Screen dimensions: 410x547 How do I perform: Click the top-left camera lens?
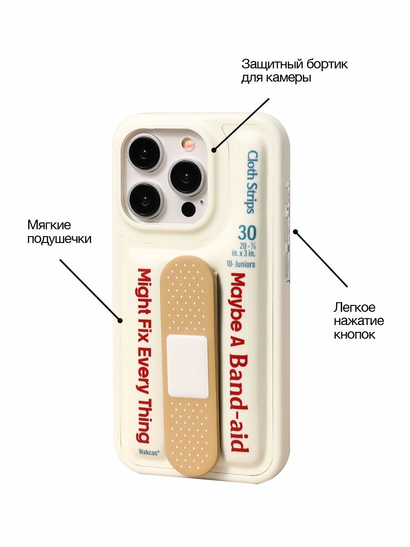coord(145,152)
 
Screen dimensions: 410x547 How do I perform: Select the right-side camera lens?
coord(187,177)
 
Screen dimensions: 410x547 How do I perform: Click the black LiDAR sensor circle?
coord(188,209)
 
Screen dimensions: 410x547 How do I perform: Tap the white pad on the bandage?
coord(187,366)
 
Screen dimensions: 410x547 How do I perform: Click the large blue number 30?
coord(247,233)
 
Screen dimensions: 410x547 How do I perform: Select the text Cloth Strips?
coord(252,182)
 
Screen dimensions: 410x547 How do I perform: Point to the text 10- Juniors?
coord(241,264)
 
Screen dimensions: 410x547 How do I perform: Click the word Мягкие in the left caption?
coord(49,225)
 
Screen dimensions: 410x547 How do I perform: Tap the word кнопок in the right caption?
coord(354,335)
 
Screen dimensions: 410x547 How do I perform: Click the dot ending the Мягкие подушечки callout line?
coord(120,320)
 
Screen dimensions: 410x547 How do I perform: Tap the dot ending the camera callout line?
coord(214,150)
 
